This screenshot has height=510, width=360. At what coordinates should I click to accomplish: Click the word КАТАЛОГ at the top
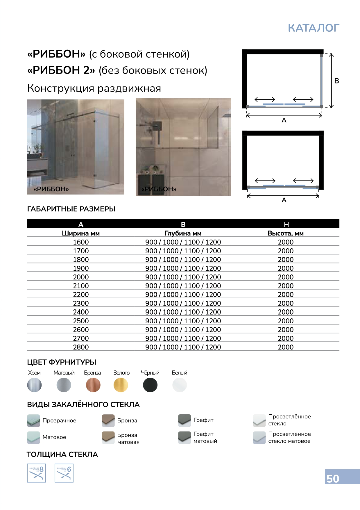click(314, 28)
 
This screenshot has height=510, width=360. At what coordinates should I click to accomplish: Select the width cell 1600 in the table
click(81, 242)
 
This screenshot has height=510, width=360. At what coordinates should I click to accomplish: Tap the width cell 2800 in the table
click(81, 347)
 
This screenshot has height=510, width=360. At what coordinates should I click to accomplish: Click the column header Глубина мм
click(183, 233)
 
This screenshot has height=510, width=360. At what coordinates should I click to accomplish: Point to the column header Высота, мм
click(286, 233)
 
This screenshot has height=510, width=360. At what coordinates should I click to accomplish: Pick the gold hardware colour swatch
click(121, 385)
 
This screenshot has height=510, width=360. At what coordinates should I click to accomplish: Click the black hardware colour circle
click(150, 385)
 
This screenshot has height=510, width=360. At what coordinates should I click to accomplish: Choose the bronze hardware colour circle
click(93, 385)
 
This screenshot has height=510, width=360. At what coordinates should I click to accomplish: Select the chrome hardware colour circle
click(34, 385)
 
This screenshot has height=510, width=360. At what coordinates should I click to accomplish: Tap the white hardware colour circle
click(180, 385)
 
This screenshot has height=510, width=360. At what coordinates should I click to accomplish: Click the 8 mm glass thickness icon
click(36, 473)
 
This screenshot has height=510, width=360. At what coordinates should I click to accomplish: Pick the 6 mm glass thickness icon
click(64, 473)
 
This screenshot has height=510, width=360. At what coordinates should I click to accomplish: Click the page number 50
click(333, 479)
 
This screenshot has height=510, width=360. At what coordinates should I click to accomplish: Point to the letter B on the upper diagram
click(337, 81)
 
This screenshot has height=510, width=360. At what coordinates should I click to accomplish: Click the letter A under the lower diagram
click(284, 200)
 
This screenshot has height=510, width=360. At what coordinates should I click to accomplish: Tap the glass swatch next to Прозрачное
click(33, 420)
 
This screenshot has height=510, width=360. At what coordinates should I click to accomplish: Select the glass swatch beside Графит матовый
click(184, 437)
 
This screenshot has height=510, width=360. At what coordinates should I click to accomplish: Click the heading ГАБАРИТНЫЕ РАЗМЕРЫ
click(71, 209)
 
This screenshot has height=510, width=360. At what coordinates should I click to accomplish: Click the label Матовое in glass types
click(54, 437)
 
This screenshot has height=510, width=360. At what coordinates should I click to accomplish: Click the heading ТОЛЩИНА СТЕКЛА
click(62, 454)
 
